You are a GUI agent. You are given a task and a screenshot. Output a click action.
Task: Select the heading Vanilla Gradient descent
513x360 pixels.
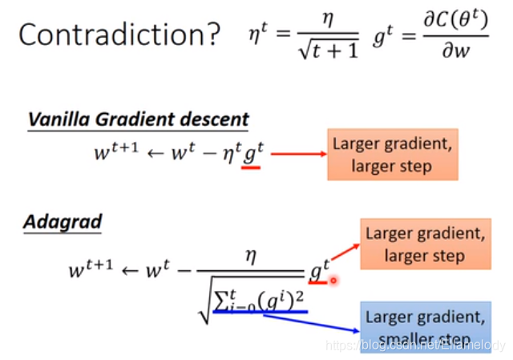[x=138, y=119]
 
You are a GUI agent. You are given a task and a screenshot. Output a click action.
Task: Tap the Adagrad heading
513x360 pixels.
[x=62, y=220]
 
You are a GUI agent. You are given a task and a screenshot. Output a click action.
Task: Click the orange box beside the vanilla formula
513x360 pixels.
[x=392, y=154]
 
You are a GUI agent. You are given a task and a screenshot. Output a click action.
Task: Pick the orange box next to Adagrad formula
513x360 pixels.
[x=425, y=245]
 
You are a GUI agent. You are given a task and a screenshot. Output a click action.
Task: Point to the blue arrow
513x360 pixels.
[x=309, y=322]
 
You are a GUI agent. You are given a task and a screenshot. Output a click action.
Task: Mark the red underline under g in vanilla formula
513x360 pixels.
[x=252, y=168]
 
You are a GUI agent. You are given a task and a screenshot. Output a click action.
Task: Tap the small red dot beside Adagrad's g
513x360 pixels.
[x=333, y=281]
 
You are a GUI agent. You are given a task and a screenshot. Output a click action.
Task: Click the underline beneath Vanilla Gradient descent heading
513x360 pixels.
[x=138, y=130]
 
